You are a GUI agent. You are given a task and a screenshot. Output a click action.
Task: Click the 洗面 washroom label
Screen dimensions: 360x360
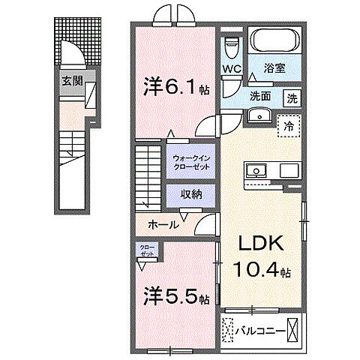(260, 97)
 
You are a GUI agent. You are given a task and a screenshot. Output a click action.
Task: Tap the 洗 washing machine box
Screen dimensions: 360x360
(291, 97)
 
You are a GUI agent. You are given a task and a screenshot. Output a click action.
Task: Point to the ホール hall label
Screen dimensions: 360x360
(163, 223)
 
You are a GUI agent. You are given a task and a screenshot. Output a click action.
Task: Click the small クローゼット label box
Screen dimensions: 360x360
(146, 250)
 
